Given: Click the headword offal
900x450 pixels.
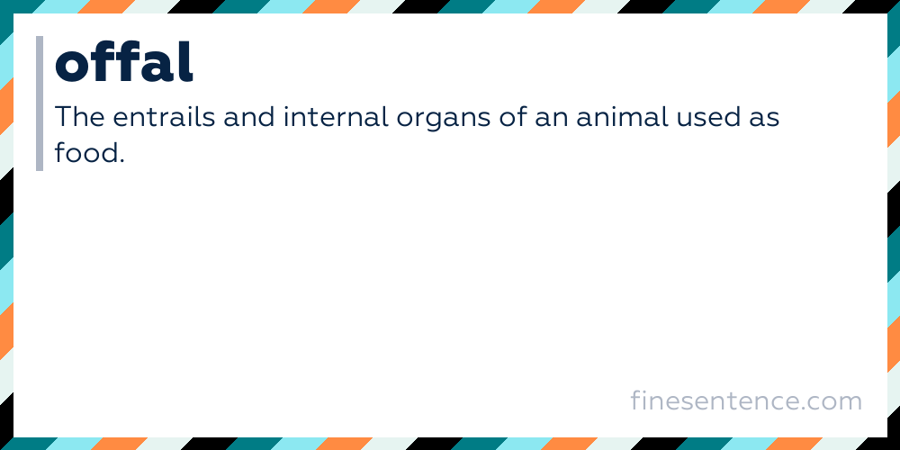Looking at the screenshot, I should coord(124,62).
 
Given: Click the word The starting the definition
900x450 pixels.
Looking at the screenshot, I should coord(76,118).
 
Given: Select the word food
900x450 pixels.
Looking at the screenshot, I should coord(85,153).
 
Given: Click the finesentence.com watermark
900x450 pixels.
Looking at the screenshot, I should coord(746,400).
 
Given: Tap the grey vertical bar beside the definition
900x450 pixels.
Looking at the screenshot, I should coord(40,103).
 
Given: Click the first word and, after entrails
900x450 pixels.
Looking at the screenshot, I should coord(238,118).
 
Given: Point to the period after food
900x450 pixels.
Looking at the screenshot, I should coord(120,161).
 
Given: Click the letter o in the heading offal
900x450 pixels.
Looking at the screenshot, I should coord(72,65).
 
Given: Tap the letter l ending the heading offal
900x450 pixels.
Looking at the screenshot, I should coord(186,61).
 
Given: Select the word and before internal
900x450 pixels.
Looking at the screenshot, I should coord(238,118).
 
